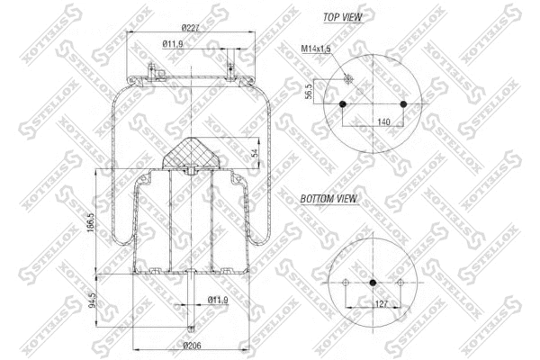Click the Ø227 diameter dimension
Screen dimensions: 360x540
(189, 26)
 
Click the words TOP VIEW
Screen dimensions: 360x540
(343, 17)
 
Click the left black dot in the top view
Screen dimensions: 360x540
(344, 104)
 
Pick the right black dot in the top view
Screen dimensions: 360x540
(404, 104)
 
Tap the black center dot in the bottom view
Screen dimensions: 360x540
(373, 283)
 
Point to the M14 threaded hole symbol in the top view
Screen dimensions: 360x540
(349, 80)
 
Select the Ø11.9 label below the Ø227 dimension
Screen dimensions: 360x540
(175, 44)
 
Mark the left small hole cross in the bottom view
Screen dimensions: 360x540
(346, 283)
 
